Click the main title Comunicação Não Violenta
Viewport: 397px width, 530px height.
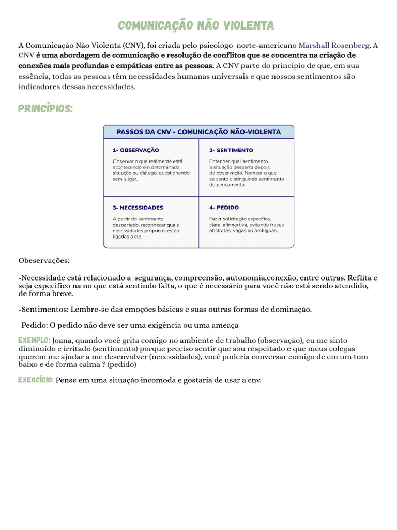tap(196, 26)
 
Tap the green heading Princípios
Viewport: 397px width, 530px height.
tap(45, 109)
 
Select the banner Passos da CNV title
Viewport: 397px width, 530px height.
tap(198, 132)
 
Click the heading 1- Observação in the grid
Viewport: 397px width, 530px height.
tap(136, 150)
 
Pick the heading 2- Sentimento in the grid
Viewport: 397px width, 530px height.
tap(231, 150)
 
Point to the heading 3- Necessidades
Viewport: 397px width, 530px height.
tap(138, 208)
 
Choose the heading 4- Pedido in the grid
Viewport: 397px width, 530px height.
tap(224, 208)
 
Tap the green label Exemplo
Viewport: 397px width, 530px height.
tap(34, 340)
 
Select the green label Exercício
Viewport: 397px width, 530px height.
tap(36, 380)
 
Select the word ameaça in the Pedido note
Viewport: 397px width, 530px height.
tap(225, 325)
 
